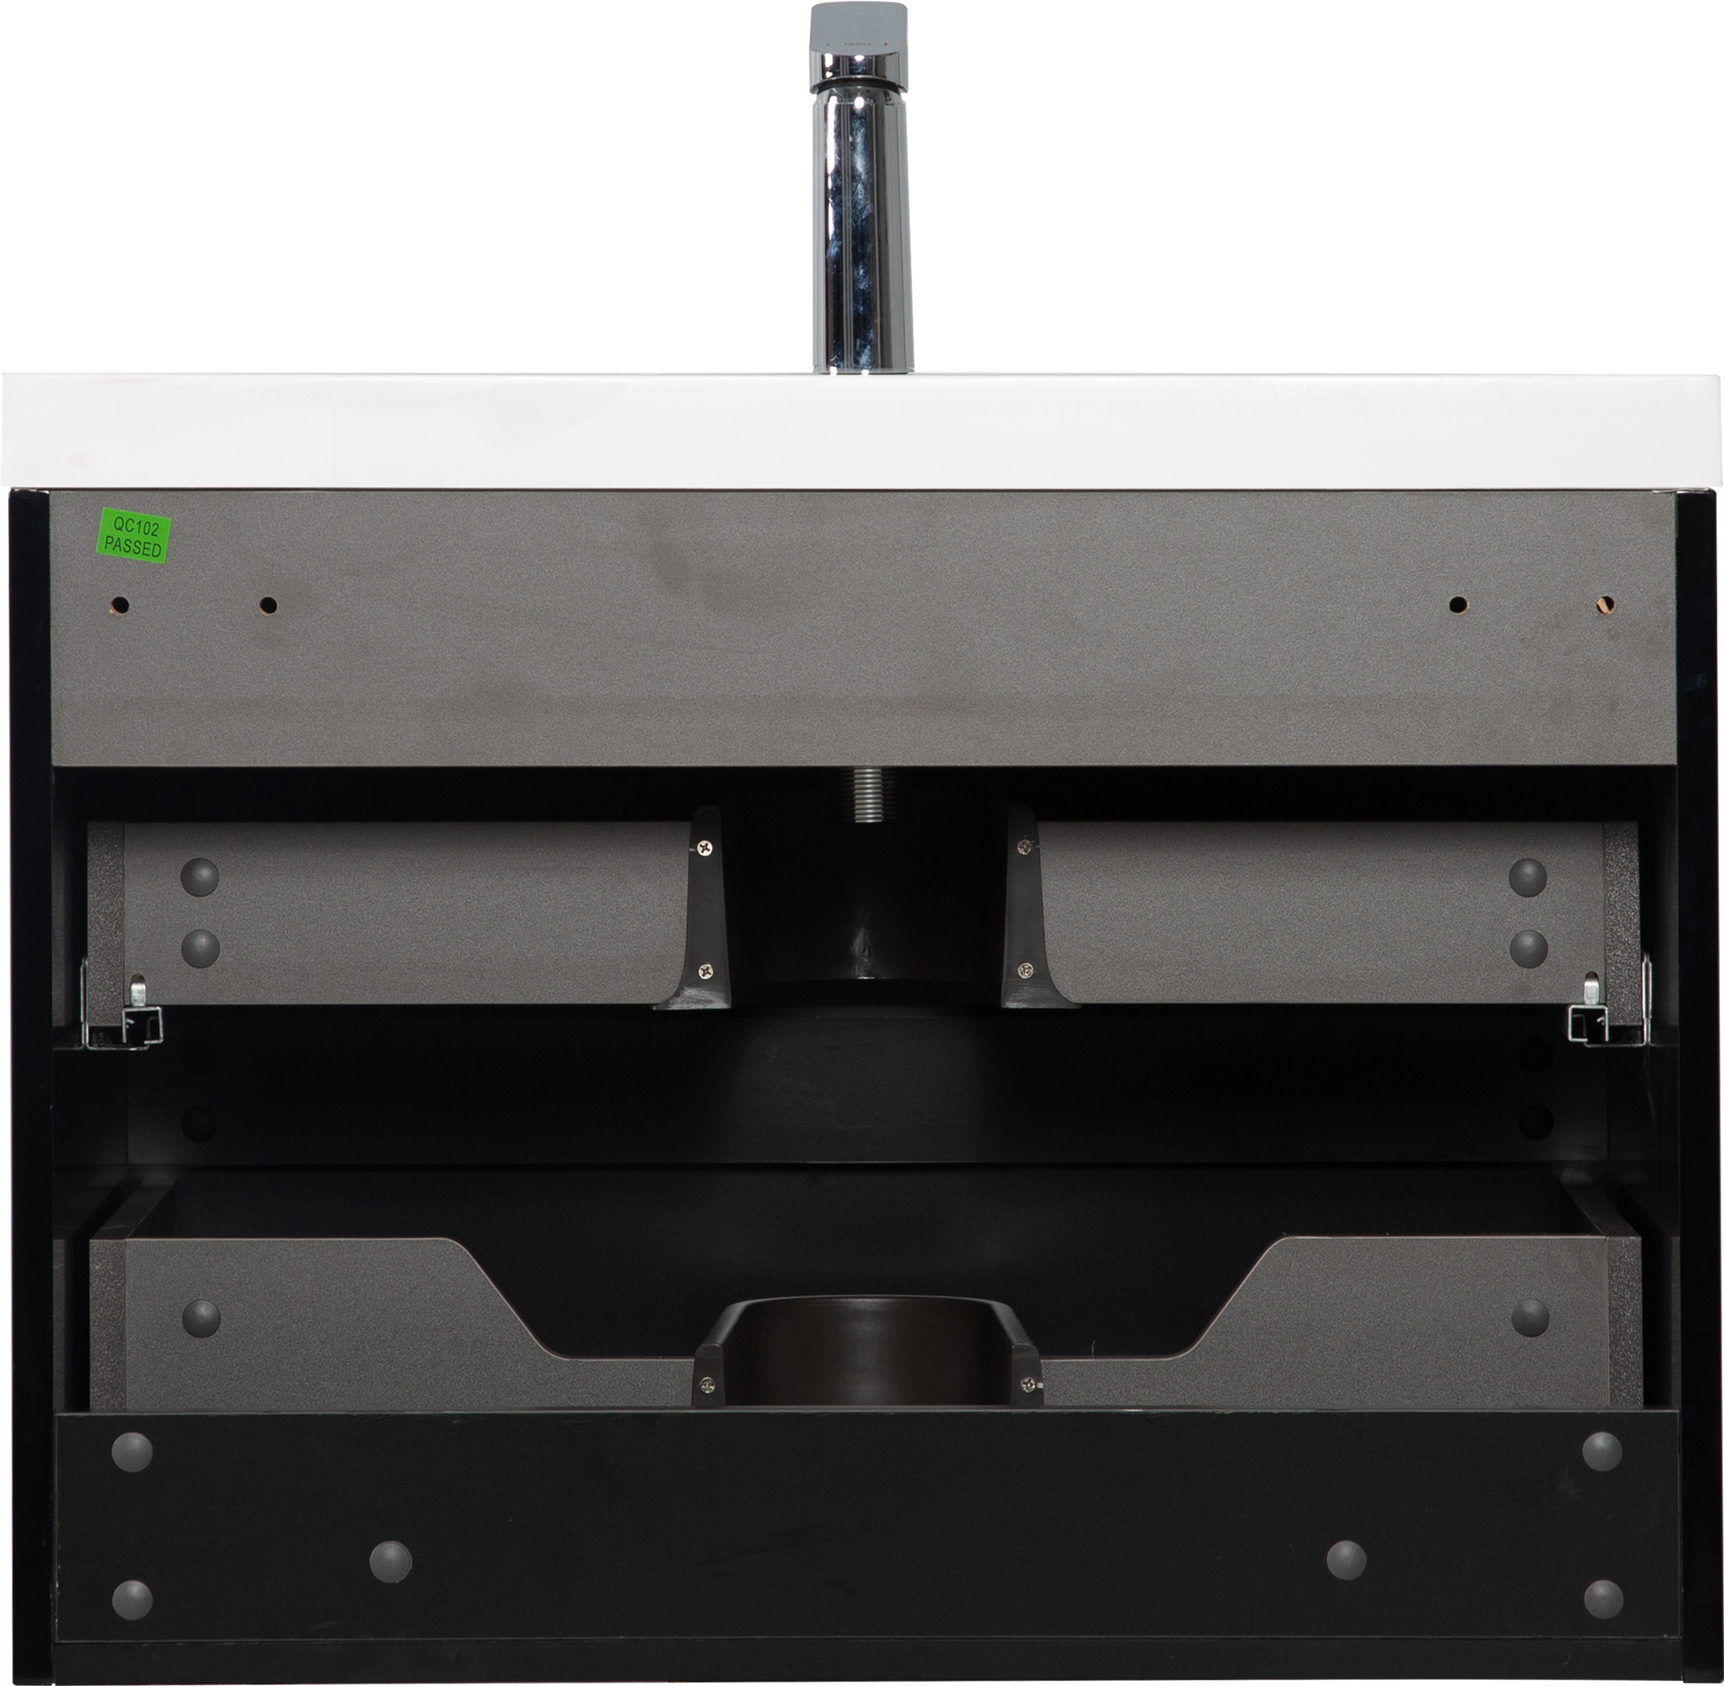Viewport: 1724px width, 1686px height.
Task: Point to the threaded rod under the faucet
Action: (x=866, y=795)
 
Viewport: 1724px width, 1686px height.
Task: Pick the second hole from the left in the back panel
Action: (x=268, y=606)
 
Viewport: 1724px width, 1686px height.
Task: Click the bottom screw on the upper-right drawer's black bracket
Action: (x=1026, y=969)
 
